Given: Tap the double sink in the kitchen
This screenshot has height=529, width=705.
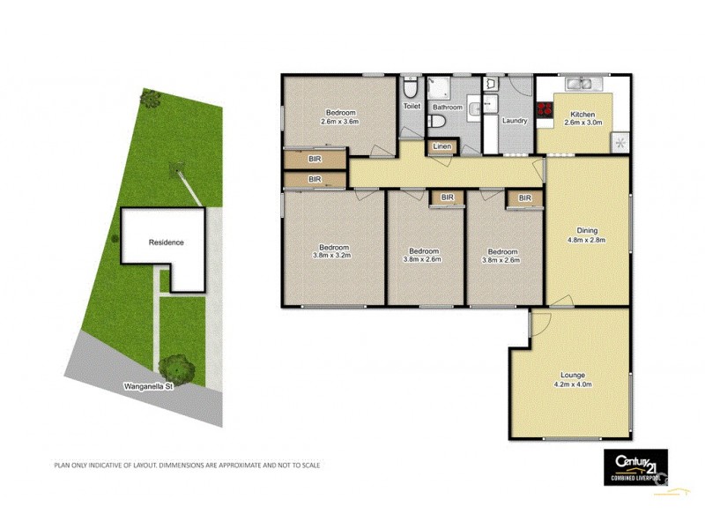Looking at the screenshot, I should click(580, 85).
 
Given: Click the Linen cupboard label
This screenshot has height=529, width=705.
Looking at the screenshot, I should click(442, 145).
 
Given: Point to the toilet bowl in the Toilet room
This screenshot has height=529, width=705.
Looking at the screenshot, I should click(411, 90).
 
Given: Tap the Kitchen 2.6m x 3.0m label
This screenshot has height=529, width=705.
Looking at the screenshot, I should click(583, 119).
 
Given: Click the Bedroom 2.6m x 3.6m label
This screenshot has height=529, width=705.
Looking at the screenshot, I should click(340, 116).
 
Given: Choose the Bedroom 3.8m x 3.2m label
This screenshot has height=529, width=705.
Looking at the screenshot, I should click(331, 252).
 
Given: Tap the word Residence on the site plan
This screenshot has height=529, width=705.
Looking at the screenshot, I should click(166, 242).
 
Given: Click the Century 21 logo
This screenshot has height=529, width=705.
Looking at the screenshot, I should click(634, 466).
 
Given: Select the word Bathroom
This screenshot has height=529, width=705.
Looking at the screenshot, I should click(448, 108).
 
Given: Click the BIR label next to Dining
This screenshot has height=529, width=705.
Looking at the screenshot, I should click(525, 198).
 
